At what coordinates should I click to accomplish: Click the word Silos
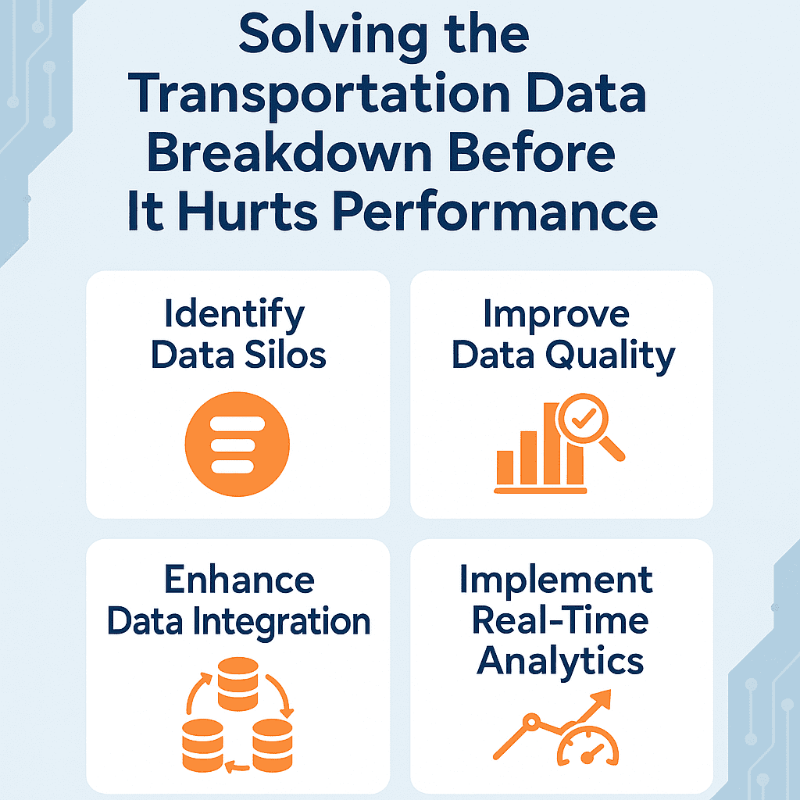(x=285, y=355)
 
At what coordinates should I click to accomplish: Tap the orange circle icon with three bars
(x=237, y=444)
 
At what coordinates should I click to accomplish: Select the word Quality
(x=610, y=356)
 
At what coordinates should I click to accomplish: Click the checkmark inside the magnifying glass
(x=584, y=419)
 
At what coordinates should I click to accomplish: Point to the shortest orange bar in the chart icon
(x=505, y=467)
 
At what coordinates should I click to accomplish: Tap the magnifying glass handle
(x=612, y=449)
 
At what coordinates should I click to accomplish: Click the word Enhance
(x=239, y=580)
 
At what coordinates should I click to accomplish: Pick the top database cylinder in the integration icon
(x=237, y=684)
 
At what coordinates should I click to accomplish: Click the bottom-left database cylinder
(x=202, y=745)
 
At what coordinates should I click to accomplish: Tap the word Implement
(x=556, y=581)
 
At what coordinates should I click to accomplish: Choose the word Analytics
(x=560, y=661)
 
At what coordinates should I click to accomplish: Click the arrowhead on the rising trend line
(x=601, y=699)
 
